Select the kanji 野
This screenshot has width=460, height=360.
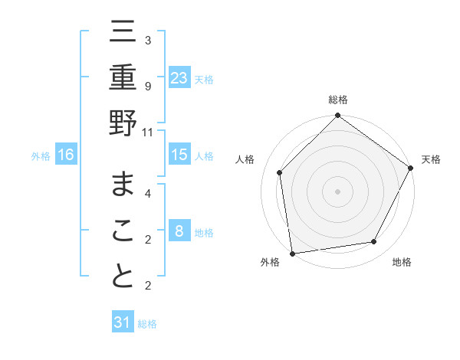pos(123,122)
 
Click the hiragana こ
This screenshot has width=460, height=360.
pos(123,231)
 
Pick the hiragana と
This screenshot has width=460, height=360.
pos(123,275)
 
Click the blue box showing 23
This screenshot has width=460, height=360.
pos(179,77)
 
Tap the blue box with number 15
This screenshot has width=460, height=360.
pos(179,155)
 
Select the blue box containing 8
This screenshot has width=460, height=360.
pos(179,231)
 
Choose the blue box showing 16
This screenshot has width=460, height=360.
pos(66,155)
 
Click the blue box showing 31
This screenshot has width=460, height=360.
pos(123,322)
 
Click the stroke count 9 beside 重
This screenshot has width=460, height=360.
pos(147,87)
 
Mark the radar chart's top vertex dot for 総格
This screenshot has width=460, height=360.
pos(337,116)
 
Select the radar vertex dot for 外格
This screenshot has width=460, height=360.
pos(292,253)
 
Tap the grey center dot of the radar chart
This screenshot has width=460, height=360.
pos(337,191)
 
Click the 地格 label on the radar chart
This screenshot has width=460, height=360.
pos(402,262)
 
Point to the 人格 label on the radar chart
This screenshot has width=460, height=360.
pos(245,159)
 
